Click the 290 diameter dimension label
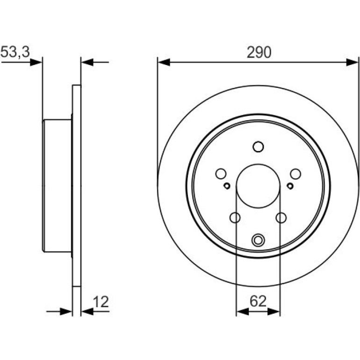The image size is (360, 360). point(259,52)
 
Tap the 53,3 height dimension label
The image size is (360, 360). point(15,52)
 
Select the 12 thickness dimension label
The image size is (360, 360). point(101,302)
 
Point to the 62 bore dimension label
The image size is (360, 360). point(258,301)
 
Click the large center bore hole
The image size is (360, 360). point(258,186)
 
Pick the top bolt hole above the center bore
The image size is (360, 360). point(258,147)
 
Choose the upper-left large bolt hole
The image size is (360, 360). point(221,174)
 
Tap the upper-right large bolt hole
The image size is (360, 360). point(295,174)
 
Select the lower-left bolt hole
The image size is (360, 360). point(235,217)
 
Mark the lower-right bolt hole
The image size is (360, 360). point(281,217)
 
